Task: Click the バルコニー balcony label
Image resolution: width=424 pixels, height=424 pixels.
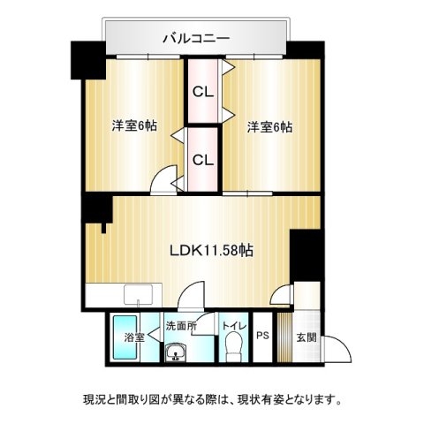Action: pos(196,39)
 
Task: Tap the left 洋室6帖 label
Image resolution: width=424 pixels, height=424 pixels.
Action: pos(134,126)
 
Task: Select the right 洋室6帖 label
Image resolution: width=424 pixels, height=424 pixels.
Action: pos(269,127)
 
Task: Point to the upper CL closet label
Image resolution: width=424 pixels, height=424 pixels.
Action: pos(202,93)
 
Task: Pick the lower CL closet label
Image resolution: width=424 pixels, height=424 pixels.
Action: pos(202,160)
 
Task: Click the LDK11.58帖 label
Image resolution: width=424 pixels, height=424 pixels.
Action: pos(211,251)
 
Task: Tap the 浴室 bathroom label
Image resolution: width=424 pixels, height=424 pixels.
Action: pos(134,337)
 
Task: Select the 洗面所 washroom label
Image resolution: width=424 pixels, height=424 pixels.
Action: pos(181,326)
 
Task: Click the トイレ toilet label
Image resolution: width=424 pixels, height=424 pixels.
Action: pos(234,326)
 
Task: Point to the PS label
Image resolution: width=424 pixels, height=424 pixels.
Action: pos(262,336)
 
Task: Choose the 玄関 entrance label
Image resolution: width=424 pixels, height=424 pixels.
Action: pos(307,337)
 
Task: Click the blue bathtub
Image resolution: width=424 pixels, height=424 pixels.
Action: pos(125,337)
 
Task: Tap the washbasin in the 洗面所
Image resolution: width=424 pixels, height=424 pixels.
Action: pos(176,352)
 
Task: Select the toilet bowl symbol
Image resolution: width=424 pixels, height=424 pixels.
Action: pos(234,346)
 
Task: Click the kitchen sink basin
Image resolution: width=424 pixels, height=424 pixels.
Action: pos(139,295)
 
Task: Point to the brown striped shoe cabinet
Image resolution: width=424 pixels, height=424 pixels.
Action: pos(284,337)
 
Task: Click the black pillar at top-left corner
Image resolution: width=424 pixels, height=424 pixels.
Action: pos(88,60)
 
